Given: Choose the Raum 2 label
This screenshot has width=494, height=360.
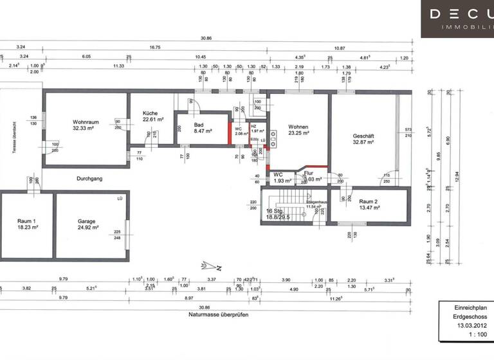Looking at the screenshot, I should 369,201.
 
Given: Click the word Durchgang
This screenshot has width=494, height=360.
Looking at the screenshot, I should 90,179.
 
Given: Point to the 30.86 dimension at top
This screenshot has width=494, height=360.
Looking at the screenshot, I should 206,38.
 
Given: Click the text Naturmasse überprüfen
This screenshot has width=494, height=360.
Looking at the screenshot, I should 219,315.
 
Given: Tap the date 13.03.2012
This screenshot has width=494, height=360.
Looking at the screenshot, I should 466,326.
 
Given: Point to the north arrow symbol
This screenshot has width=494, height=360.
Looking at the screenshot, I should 207,265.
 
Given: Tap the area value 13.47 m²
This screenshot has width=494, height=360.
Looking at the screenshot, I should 369,208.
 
